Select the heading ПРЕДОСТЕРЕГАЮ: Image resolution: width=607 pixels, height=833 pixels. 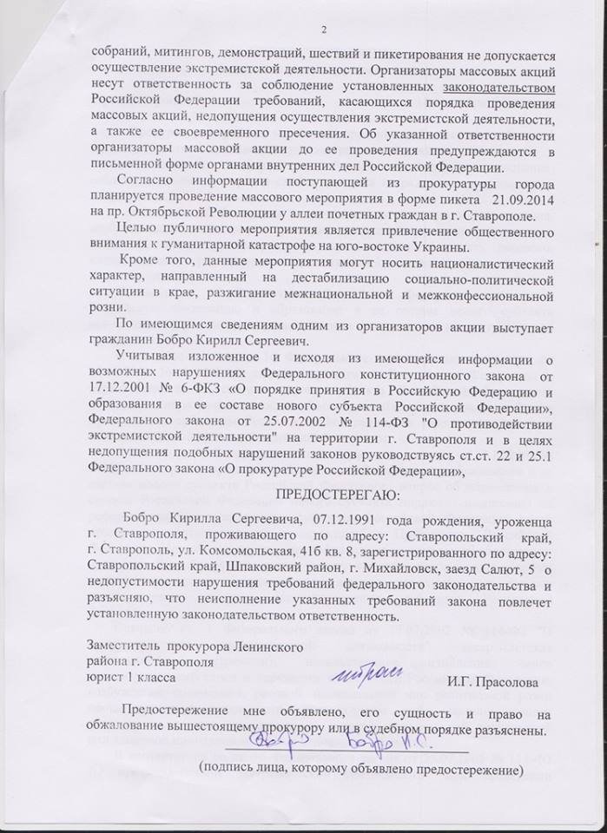click(332, 495)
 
